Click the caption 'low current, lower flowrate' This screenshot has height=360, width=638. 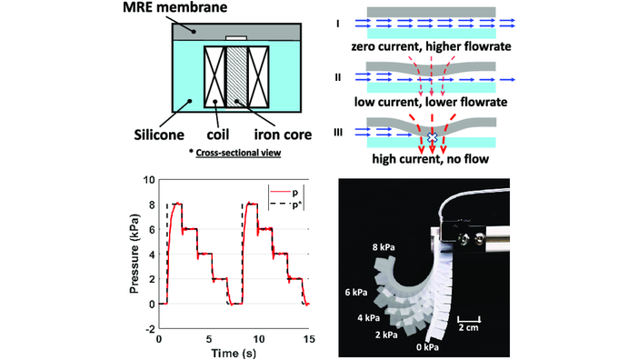pyautogui.click(x=432, y=100)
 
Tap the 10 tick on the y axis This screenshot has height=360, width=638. pyautogui.click(x=148, y=180)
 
